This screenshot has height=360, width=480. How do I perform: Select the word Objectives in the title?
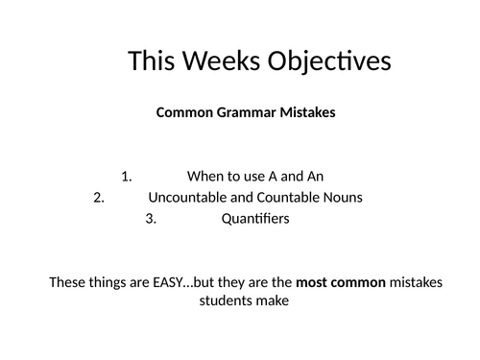pyautogui.click(x=331, y=61)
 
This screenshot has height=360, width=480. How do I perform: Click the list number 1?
pyautogui.click(x=128, y=176)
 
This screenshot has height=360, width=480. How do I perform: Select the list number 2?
pyautogui.click(x=98, y=198)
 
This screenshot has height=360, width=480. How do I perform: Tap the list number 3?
pyautogui.click(x=150, y=219)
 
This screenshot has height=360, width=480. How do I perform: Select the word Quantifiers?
pyautogui.click(x=255, y=219)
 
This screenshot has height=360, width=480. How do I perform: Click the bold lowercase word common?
pyautogui.click(x=359, y=283)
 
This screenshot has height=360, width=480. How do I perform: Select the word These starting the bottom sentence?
pyautogui.click(x=67, y=283)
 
